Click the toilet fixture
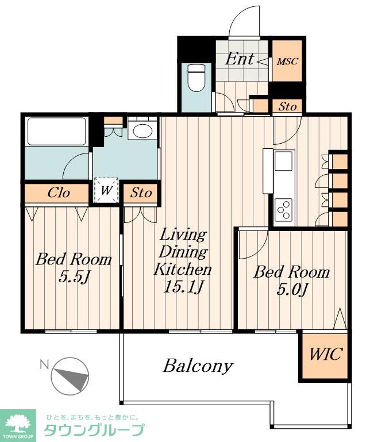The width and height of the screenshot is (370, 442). pyautogui.click(x=196, y=78)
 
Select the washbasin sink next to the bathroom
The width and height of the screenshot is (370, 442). pyautogui.click(x=142, y=130)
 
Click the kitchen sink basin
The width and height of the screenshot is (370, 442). pyautogui.click(x=283, y=161)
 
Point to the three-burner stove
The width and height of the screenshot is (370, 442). pyautogui.click(x=283, y=209)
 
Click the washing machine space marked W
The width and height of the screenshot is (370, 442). pyautogui.click(x=106, y=190)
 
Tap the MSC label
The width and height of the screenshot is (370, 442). pyautogui.click(x=287, y=62)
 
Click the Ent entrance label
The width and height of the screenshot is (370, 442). pyautogui.click(x=239, y=59)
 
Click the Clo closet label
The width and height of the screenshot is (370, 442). pyautogui.click(x=59, y=193)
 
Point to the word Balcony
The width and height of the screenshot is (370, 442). pyautogui.click(x=198, y=366)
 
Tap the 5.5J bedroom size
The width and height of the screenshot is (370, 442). pyautogui.click(x=74, y=277)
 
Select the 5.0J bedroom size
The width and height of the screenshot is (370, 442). pyautogui.click(x=291, y=290)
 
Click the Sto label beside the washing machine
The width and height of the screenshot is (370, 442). pyautogui.click(x=141, y=193)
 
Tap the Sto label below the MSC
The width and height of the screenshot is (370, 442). pyautogui.click(x=287, y=106)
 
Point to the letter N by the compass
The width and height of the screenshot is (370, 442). pyautogui.click(x=44, y=365)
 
